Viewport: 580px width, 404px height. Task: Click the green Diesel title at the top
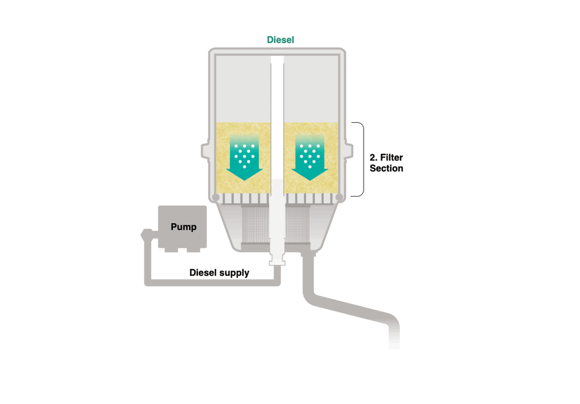coord(280,40)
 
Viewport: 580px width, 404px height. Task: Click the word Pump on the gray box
coord(183,227)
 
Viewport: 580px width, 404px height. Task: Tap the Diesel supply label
coord(219,273)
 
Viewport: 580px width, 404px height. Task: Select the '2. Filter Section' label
coord(386,163)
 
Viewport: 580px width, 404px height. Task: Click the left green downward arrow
coord(244,159)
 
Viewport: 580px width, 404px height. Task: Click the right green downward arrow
coord(310,159)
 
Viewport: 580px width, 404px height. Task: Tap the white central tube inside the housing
coord(277,121)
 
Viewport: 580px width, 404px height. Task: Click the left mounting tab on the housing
coord(205,150)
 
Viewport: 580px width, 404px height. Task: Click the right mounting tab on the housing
coord(349,150)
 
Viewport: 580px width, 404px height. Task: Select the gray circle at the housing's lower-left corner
coord(215,198)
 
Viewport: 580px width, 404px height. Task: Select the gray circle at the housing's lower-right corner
coord(339,198)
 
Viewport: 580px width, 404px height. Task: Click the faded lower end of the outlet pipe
coord(394,339)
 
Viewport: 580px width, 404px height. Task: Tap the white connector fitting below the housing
coord(277,260)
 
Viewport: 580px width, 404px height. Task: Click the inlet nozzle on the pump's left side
coord(147,234)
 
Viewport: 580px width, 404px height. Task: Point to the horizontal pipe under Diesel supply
coord(211,283)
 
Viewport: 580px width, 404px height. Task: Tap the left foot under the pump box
coord(171,250)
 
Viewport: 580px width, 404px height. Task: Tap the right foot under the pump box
coord(193,250)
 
